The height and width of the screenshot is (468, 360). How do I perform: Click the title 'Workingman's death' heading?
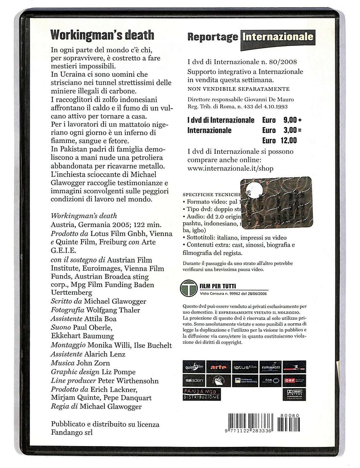pos(102,35)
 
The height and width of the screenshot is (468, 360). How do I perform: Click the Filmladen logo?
pos(194,380)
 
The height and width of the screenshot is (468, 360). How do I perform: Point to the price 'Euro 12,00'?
pos(280,141)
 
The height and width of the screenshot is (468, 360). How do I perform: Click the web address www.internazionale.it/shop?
pos(230,168)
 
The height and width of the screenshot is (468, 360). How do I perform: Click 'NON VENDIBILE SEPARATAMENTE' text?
pos(238,89)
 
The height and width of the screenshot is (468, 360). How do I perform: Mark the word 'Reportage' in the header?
pos(212,37)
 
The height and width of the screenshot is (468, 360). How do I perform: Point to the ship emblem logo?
pos(218,380)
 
